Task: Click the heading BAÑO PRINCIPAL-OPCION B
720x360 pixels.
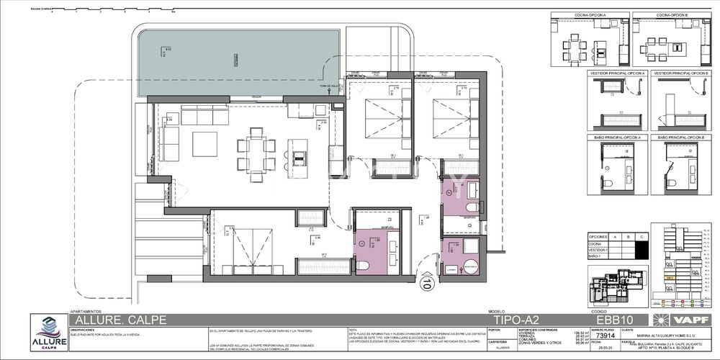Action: tap(678, 136)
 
